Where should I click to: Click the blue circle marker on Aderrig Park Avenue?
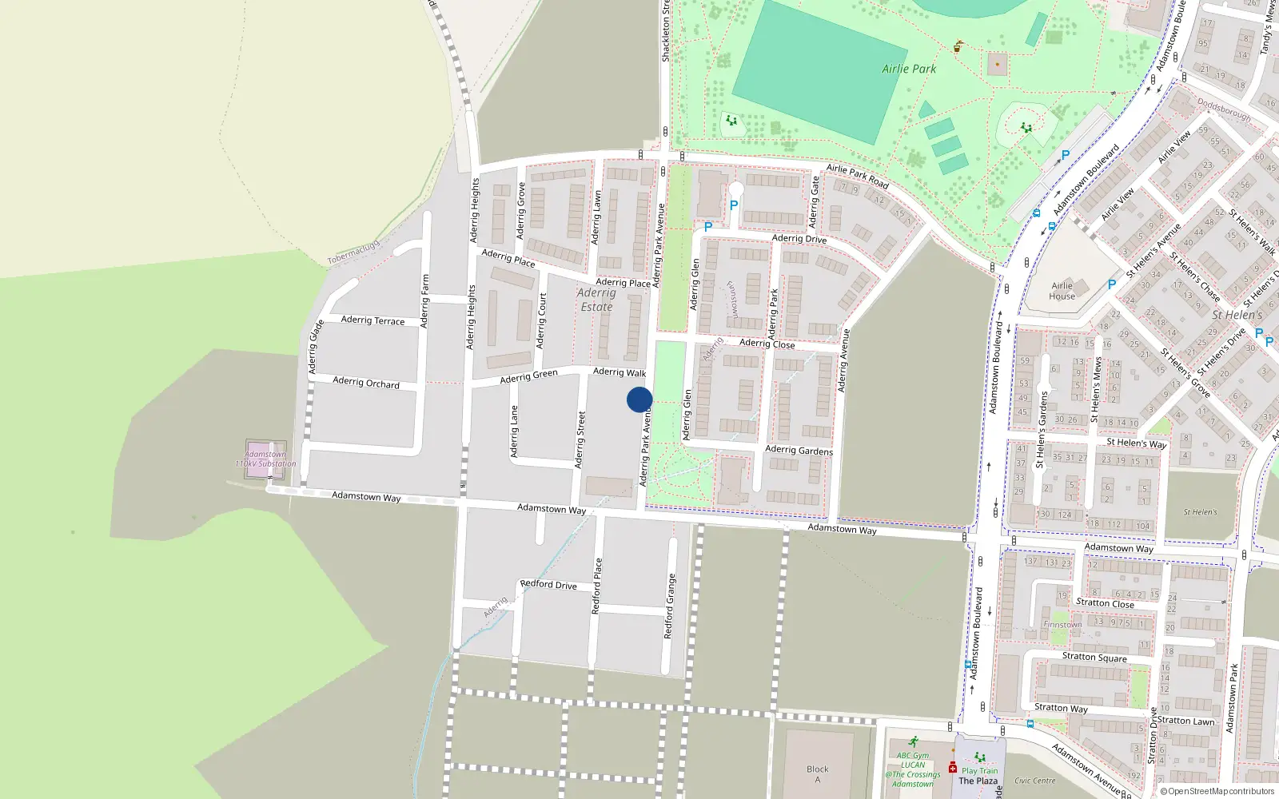639,399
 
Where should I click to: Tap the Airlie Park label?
909,69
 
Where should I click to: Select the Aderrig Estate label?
596,300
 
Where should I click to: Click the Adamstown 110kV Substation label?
265,459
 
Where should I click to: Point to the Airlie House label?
1062,291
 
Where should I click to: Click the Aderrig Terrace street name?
373,320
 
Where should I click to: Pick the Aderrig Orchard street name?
366,383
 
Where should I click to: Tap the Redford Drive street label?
548,584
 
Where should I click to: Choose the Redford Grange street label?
670,606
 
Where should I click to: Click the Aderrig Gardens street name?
799,451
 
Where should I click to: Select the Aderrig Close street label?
767,344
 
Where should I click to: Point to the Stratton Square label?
1094,657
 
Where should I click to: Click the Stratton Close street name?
1105,603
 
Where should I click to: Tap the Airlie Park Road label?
858,177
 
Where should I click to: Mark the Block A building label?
818,774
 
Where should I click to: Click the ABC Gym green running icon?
913,742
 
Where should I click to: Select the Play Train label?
979,771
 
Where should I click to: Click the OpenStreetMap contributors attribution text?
1221,791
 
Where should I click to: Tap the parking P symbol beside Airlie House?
1112,284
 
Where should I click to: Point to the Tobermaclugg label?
353,252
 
